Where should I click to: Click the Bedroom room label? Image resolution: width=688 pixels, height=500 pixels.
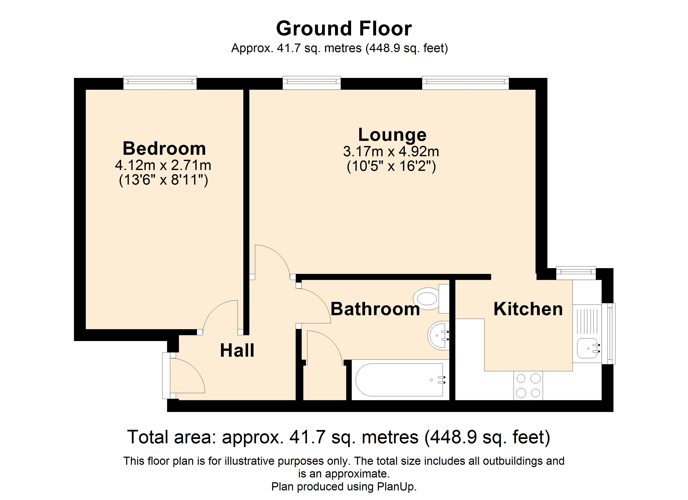click(x=164, y=149)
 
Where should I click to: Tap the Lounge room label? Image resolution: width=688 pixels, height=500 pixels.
click(x=392, y=135)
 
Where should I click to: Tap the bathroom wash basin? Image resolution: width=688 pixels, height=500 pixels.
click(x=439, y=335)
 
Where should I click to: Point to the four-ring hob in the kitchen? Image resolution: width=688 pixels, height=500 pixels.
click(x=528, y=386)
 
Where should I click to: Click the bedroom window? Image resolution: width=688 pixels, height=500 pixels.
click(x=160, y=82)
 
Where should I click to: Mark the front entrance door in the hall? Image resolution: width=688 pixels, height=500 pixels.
click(x=184, y=375)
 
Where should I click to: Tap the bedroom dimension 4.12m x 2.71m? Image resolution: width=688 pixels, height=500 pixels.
click(x=163, y=165)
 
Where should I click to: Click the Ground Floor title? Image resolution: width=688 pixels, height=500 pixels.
click(x=344, y=29)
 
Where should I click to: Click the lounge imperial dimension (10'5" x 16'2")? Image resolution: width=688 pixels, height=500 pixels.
click(x=391, y=166)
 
